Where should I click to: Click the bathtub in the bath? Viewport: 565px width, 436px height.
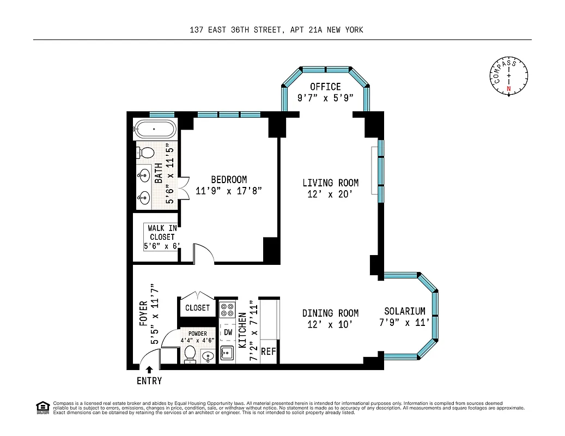tap(155, 130)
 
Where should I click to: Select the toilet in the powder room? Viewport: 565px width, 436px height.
tap(190, 353)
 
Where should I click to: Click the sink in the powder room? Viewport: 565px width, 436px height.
tap(208, 356)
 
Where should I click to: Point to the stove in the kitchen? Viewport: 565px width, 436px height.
tap(227, 310)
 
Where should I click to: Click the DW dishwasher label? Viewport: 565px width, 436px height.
tap(228, 331)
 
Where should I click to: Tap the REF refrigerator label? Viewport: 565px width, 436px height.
tap(269, 352)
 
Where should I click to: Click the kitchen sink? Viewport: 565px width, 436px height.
tap(227, 353)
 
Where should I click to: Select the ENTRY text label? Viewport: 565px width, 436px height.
tap(149, 381)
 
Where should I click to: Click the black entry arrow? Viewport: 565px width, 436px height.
tap(149, 370)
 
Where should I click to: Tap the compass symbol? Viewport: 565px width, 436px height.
tap(508, 76)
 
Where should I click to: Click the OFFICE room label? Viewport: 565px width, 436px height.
tap(325, 87)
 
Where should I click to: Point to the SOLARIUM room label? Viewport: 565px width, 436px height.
tap(404, 311)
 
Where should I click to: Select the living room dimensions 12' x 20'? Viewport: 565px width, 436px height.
tap(331, 194)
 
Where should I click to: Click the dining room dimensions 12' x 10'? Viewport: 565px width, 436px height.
tap(330, 324)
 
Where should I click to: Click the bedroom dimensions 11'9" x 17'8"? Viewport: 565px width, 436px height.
tap(229, 191)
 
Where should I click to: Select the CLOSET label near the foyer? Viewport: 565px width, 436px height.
tap(197, 308)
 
